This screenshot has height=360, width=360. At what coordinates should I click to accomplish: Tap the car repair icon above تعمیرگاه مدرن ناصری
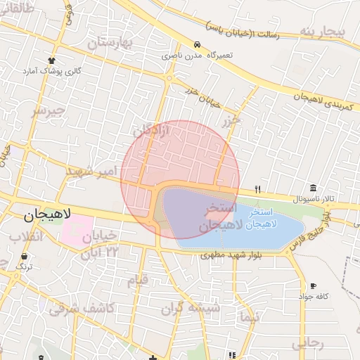click(x=198, y=44)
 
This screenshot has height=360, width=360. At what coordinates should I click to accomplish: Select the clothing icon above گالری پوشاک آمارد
click(x=52, y=60)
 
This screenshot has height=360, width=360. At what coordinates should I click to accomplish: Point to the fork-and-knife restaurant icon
click(x=258, y=189)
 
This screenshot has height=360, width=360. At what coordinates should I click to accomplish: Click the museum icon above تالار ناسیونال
click(x=312, y=188)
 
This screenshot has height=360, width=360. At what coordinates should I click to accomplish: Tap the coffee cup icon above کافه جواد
click(x=313, y=285)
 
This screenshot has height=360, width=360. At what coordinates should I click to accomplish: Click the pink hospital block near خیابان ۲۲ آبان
click(x=73, y=231)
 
